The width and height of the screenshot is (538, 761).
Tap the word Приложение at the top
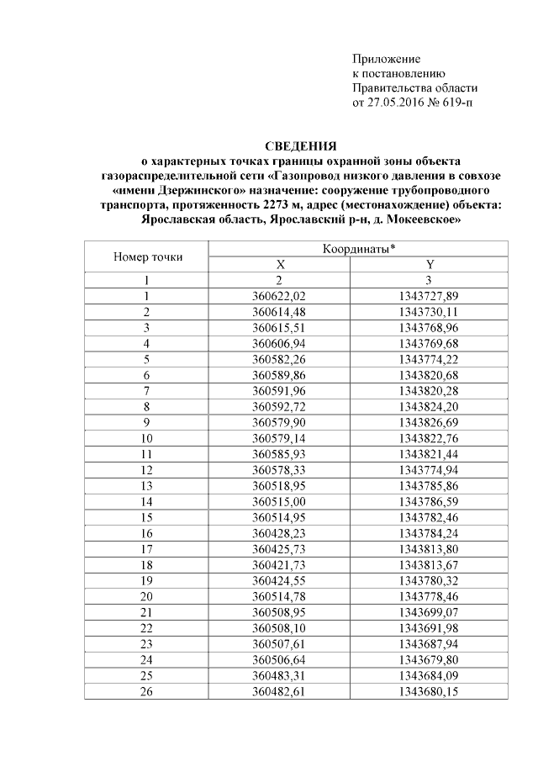click(x=385, y=59)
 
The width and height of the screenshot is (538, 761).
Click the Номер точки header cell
click(x=147, y=257)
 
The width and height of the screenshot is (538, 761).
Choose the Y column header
click(x=430, y=265)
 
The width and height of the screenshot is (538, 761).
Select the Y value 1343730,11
click(x=430, y=312)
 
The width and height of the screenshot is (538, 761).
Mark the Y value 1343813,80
click(x=430, y=548)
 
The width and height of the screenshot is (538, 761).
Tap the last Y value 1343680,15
click(x=430, y=690)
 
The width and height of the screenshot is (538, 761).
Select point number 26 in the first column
click(x=146, y=690)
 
